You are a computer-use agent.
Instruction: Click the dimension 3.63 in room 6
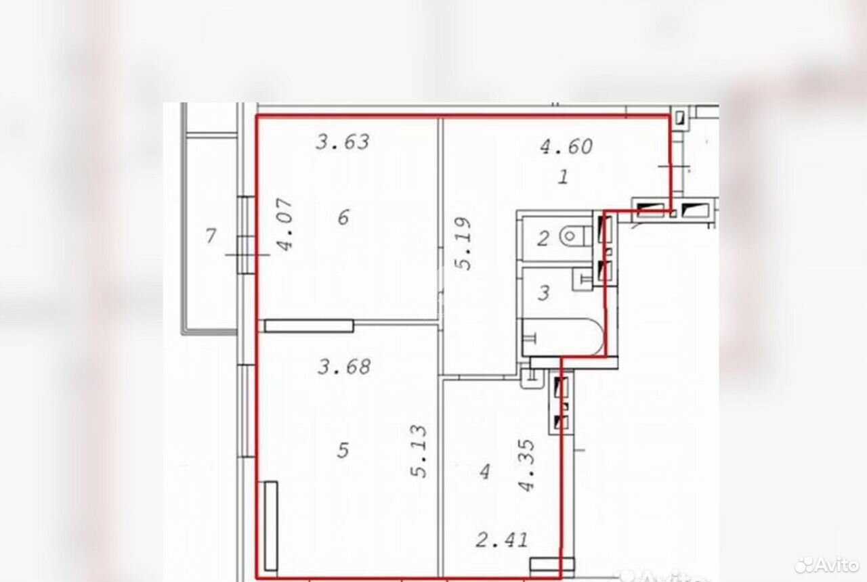pyautogui.click(x=343, y=142)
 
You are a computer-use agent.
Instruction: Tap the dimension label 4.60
pyautogui.click(x=566, y=147)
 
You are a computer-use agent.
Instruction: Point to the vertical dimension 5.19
pyautogui.click(x=463, y=244)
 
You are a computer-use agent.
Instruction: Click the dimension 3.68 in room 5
pyautogui.click(x=344, y=367)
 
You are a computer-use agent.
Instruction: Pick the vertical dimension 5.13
pyautogui.click(x=419, y=451)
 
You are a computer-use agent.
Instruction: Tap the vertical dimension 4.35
pyautogui.click(x=526, y=465)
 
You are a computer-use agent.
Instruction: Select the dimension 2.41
pyautogui.click(x=502, y=540)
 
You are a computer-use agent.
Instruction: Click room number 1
pyautogui.click(x=563, y=177)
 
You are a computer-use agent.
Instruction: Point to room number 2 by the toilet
pyautogui.click(x=543, y=239)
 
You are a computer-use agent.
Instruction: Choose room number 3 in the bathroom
pyautogui.click(x=544, y=293)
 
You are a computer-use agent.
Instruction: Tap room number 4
pyautogui.click(x=484, y=472)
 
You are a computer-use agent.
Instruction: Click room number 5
pyautogui.click(x=343, y=450)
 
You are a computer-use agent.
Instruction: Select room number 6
pyautogui.click(x=343, y=217)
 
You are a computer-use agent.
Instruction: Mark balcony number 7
pyautogui.click(x=211, y=236)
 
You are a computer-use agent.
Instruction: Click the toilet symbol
pyautogui.click(x=575, y=236)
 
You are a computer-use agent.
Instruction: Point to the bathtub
pyautogui.click(x=563, y=337)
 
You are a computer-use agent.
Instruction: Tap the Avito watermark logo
pyautogui.click(x=827, y=565)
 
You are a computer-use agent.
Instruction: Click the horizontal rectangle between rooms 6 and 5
pyautogui.click(x=309, y=326)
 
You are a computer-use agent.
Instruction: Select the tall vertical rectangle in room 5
pyautogui.click(x=271, y=526)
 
